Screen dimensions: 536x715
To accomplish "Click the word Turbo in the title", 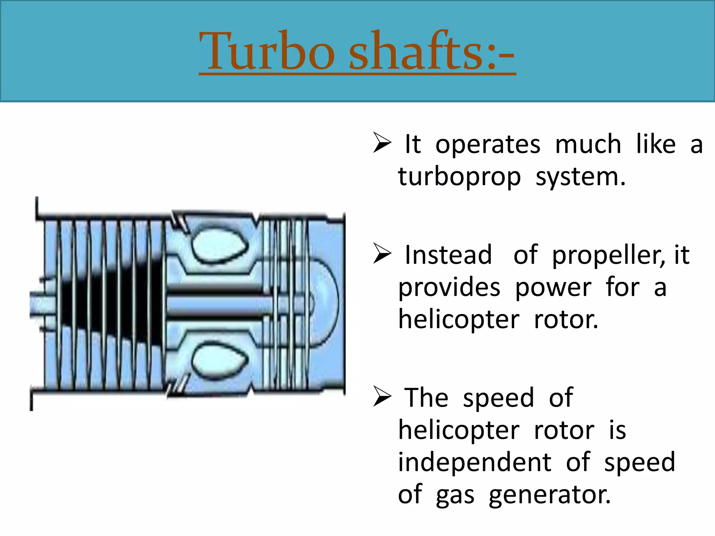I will point(267,51).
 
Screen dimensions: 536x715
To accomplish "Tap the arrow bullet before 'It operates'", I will point(382,143).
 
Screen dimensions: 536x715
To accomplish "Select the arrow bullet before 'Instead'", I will point(382,253).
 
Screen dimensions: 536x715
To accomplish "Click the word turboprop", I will point(459,177).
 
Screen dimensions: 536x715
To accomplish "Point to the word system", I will point(580,177).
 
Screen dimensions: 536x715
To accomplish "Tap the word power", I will point(553,288).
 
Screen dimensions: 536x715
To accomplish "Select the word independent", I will point(474,462).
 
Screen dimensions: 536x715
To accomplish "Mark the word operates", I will point(488,144).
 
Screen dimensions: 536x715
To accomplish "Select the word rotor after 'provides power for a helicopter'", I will point(566,320).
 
